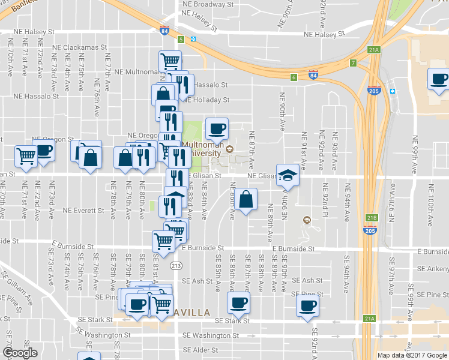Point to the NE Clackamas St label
(79, 47)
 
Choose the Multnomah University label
(203, 149)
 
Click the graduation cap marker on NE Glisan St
(288, 175)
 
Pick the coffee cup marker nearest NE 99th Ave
(438, 79)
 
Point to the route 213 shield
(176, 265)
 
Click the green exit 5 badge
(181, 39)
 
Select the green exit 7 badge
(353, 63)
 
